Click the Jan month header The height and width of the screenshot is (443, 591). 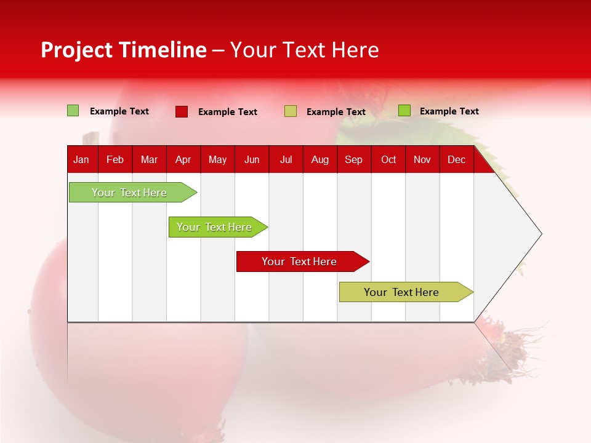click(81, 159)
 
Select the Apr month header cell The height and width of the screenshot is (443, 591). click(183, 159)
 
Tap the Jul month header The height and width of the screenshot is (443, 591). click(286, 159)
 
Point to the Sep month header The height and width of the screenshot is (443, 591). click(353, 159)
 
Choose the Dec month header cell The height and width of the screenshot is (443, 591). click(456, 159)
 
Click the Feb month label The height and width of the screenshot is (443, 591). click(115, 159)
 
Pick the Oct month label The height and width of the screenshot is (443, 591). click(388, 159)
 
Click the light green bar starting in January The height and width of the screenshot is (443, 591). click(129, 193)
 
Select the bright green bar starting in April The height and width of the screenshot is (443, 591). click(214, 227)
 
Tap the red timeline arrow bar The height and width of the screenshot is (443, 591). click(299, 261)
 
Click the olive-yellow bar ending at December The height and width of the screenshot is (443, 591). click(401, 292)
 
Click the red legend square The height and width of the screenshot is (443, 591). click(182, 111)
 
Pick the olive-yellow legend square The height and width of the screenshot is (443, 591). click(291, 111)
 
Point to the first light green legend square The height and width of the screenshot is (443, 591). click(73, 111)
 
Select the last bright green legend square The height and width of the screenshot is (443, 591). click(404, 111)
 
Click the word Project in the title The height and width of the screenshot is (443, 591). click(76, 50)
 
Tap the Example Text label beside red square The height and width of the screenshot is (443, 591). click(227, 112)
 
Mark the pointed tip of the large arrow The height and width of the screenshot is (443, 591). click(540, 233)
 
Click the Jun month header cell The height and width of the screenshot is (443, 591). click(252, 159)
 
